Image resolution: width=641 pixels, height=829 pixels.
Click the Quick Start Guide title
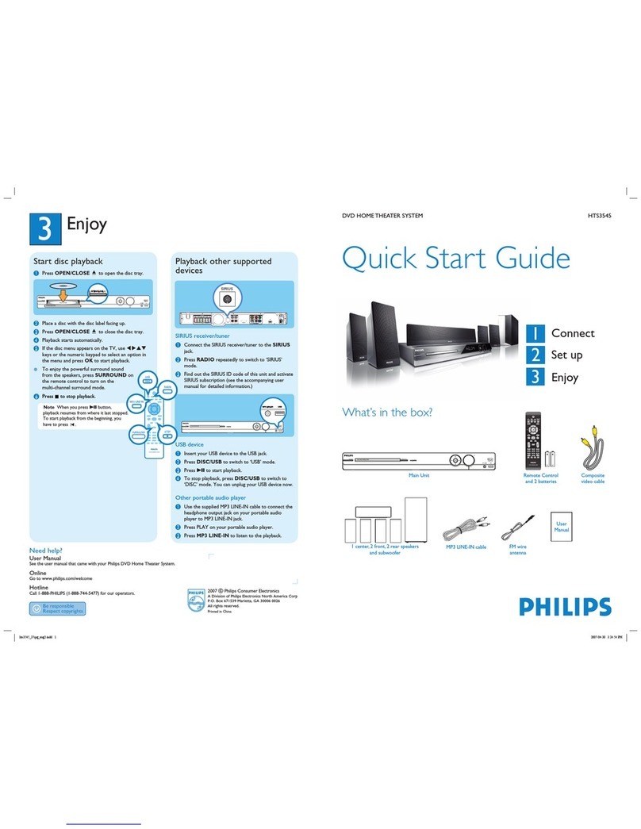[455, 259]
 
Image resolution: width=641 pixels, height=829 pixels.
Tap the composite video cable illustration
[593, 448]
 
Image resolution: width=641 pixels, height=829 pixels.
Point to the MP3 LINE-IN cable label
[466, 547]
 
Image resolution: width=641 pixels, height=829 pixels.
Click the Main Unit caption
[418, 475]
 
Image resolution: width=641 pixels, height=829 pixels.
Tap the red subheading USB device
[190, 445]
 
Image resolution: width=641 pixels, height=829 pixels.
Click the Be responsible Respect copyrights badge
[56, 608]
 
